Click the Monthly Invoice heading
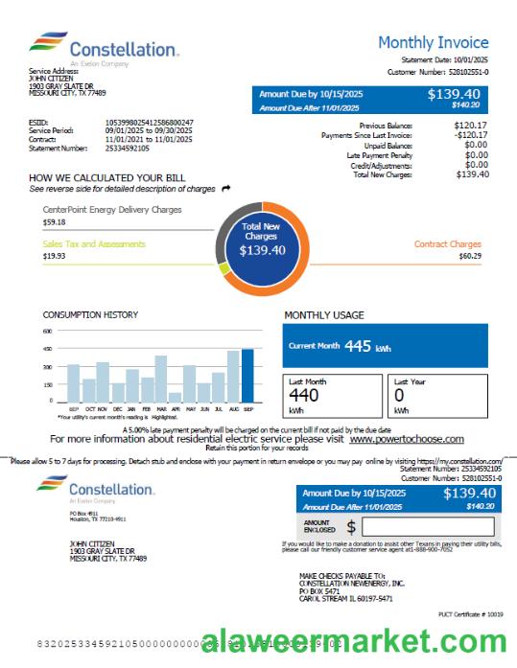tap(433, 42)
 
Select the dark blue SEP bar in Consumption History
tap(247, 375)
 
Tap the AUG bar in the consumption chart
tap(233, 376)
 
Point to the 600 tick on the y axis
tap(47, 331)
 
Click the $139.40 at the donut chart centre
tap(262, 250)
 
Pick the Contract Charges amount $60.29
tap(470, 256)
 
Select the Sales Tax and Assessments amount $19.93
tap(54, 256)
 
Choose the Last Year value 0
tap(399, 394)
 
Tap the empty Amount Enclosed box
tap(428, 526)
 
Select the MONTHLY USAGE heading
tap(324, 314)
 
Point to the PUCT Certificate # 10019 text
tap(470, 613)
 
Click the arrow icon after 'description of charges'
tap(225, 189)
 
